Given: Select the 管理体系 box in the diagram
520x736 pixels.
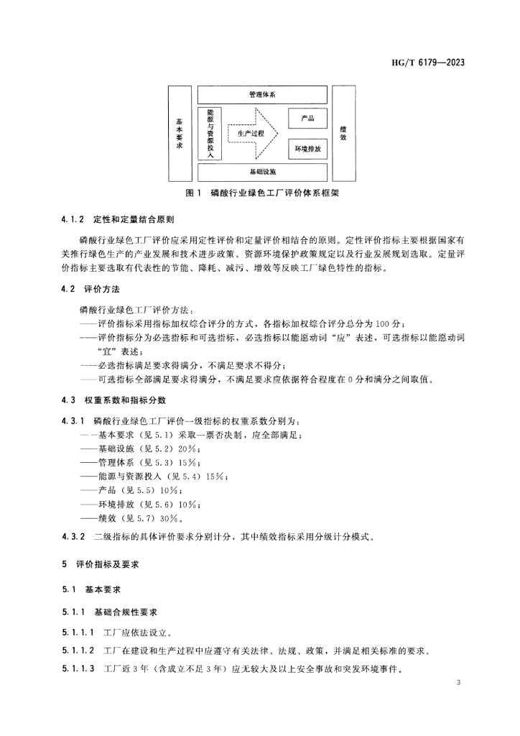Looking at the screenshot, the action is tap(262, 94).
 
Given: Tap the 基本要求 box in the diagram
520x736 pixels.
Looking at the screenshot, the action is tap(180, 133).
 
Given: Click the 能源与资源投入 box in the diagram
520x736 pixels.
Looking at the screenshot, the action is tap(210, 133).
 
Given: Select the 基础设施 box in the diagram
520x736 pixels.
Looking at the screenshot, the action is tap(262, 172).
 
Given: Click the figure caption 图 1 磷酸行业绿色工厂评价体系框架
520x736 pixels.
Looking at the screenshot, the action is tap(261, 193).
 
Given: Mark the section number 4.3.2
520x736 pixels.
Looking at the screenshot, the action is tap(73, 535).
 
